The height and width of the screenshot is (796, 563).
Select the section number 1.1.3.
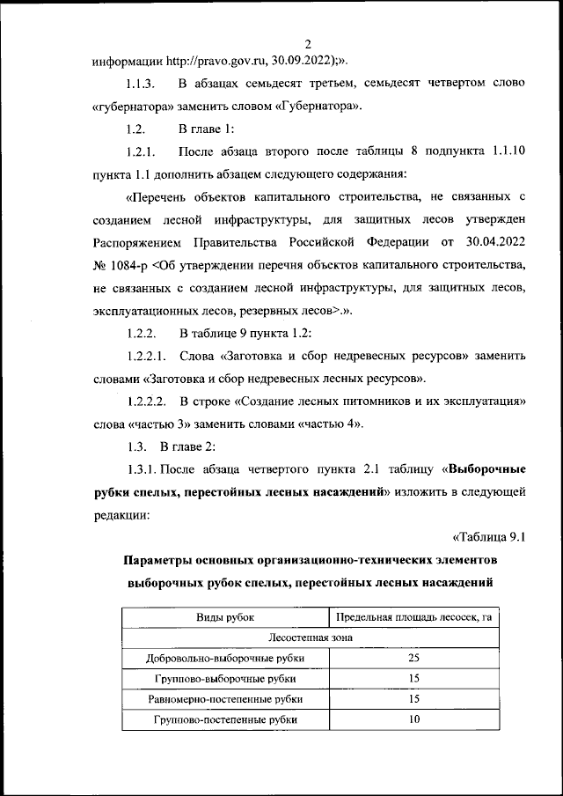(142, 84)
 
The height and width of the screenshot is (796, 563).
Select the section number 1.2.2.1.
(148, 357)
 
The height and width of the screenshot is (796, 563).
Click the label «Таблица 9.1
(494, 536)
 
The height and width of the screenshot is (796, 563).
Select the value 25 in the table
(413, 659)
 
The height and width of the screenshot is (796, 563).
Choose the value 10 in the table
(413, 719)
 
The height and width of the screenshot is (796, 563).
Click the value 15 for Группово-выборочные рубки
(413, 679)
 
